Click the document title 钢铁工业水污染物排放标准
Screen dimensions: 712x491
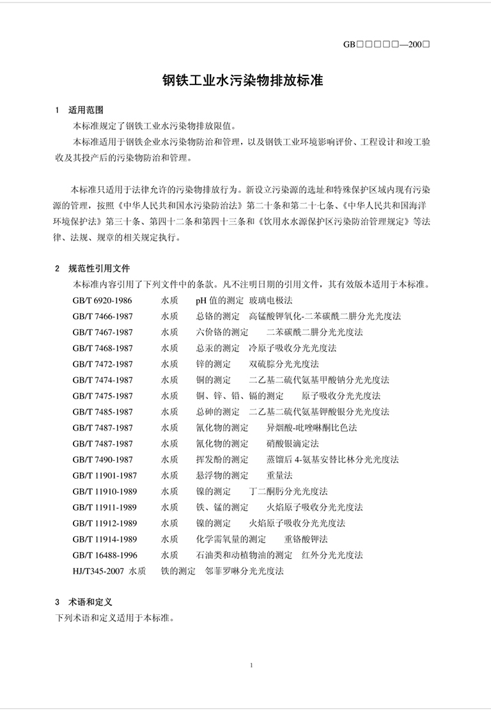click(242, 81)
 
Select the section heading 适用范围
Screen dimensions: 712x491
click(86, 109)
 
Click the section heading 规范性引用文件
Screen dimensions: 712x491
click(98, 268)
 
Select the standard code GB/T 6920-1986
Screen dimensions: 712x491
click(102, 300)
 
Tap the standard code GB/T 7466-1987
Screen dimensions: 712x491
click(102, 316)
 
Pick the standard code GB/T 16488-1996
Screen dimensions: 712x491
click(105, 555)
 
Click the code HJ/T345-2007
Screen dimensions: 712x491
click(99, 571)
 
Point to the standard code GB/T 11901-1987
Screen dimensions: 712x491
click(105, 475)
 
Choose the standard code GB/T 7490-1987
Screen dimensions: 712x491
click(102, 460)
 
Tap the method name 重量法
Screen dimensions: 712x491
click(279, 475)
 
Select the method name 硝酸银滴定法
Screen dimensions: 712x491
click(292, 444)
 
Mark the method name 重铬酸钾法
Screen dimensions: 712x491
click(306, 539)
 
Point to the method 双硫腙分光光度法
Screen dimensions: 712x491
click(283, 364)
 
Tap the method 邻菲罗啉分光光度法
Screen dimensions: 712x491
click(244, 571)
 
